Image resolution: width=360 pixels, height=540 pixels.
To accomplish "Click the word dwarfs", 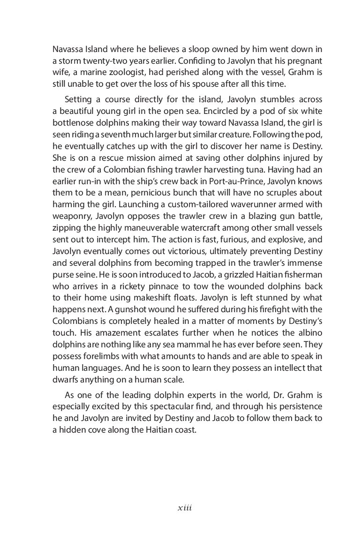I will pos(65,372).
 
